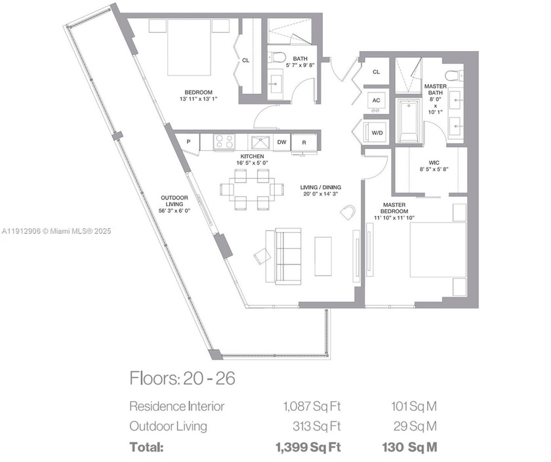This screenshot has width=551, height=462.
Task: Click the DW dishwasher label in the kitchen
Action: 281,142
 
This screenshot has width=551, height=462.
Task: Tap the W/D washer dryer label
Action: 377,133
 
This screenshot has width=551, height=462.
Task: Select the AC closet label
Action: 376,100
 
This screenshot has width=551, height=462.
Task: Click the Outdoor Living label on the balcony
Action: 174,201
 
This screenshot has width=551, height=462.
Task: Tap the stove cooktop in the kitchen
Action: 224,141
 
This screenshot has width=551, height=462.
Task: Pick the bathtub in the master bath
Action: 409,120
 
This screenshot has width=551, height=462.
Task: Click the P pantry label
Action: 188,142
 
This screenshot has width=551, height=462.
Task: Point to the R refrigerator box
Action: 304,142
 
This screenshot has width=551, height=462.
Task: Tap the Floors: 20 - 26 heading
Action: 182,379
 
